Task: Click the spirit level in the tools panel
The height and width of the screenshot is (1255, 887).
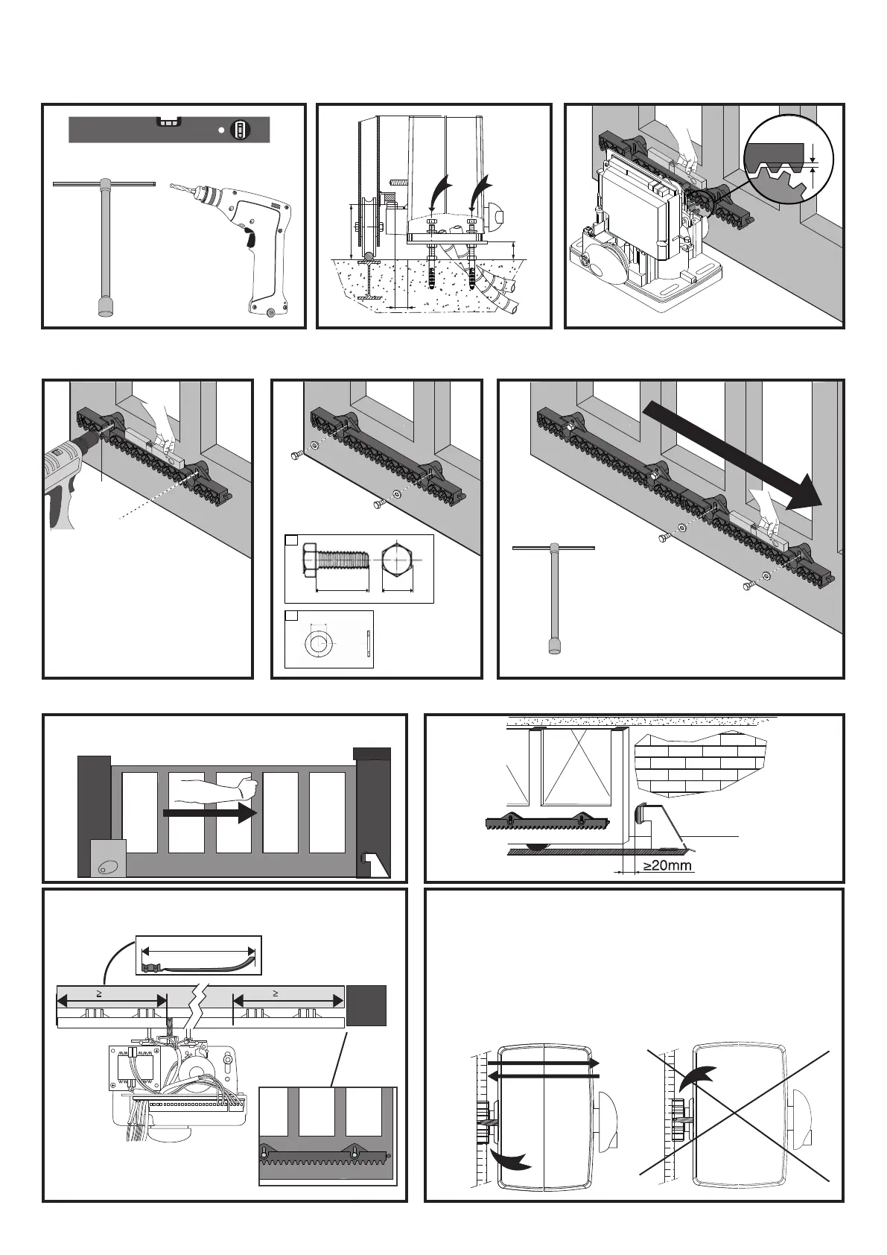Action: [x=168, y=130]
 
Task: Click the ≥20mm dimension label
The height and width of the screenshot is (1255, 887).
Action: [x=667, y=866]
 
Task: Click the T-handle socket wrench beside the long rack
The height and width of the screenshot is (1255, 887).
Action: [x=553, y=597]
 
